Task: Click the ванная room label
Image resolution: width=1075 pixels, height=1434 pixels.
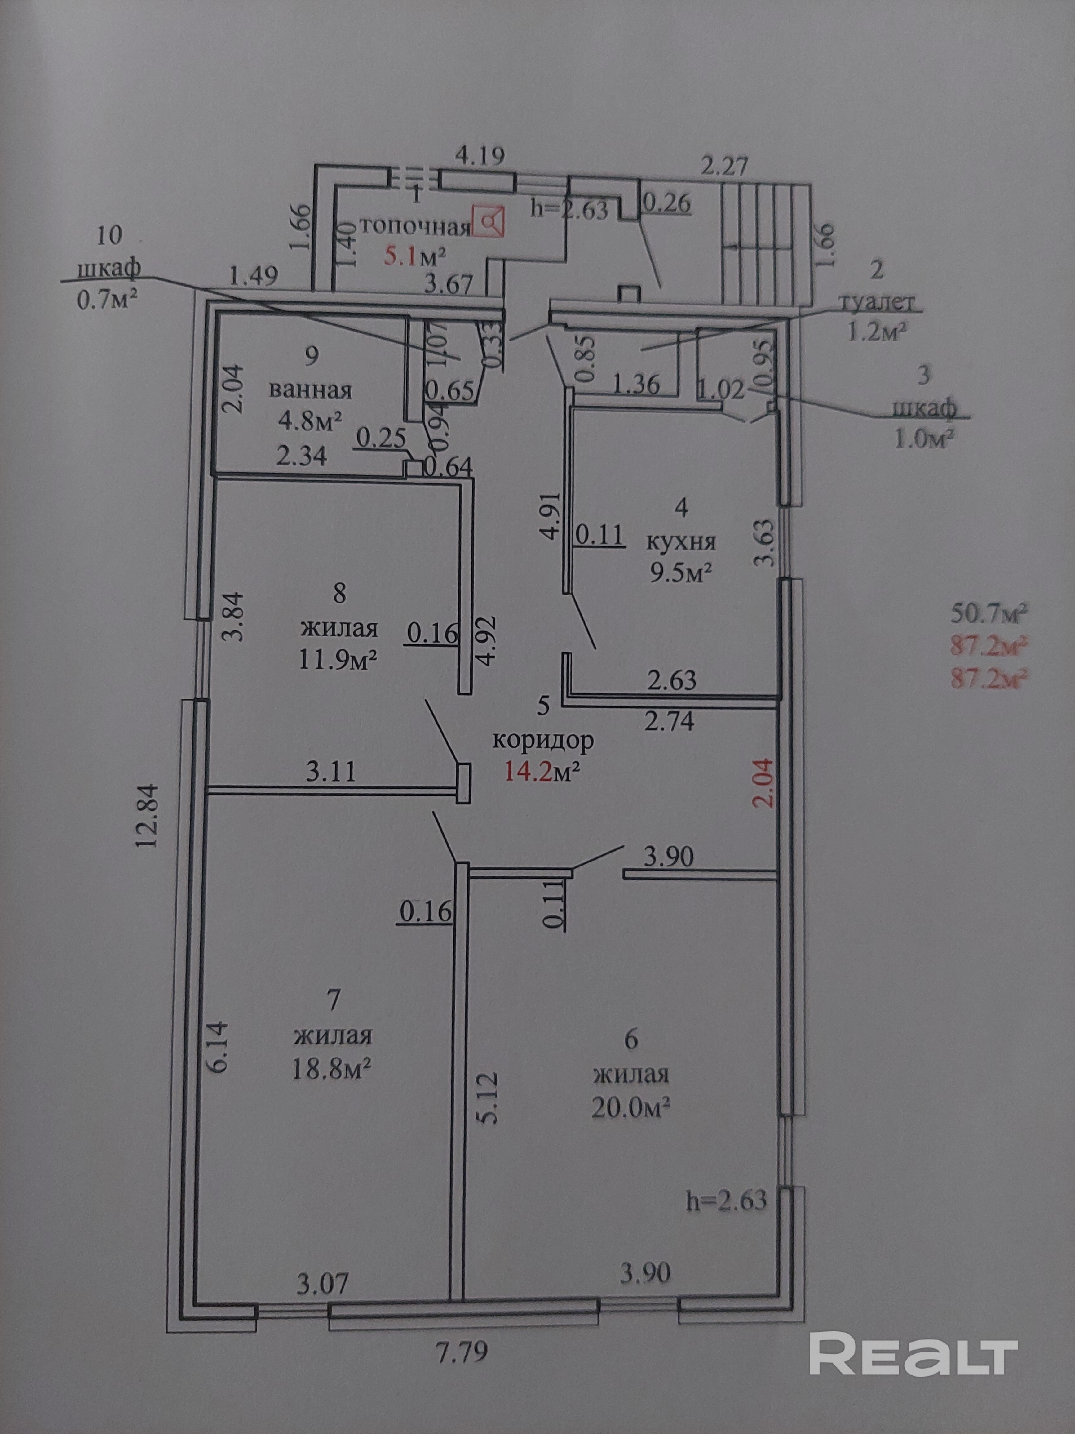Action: click(x=310, y=391)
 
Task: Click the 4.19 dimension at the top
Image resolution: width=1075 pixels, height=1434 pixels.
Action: click(x=480, y=156)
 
